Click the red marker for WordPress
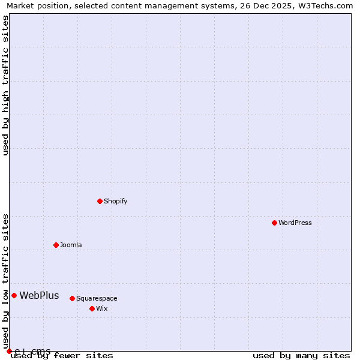(x=274, y=223)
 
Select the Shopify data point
(x=100, y=201)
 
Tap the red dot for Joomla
(x=56, y=245)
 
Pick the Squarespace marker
(x=72, y=298)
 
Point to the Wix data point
(x=92, y=308)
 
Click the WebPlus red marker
(x=14, y=295)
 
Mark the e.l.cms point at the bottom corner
(x=9, y=351)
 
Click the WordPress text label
(x=295, y=223)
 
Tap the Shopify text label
(x=115, y=201)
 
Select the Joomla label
(x=71, y=245)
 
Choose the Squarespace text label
(x=97, y=298)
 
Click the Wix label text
(x=101, y=308)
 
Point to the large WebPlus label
(x=39, y=295)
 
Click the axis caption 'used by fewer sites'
(x=62, y=355)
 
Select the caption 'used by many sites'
(x=301, y=355)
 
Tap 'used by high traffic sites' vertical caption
(x=5, y=85)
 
